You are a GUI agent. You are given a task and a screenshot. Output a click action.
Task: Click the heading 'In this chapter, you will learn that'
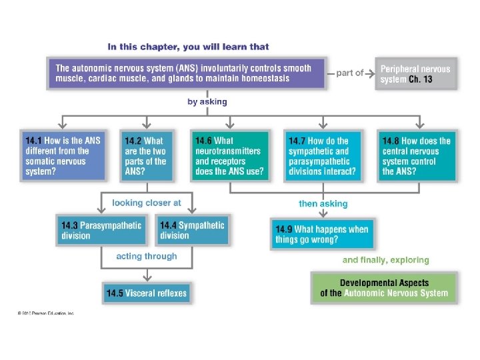(x=188, y=47)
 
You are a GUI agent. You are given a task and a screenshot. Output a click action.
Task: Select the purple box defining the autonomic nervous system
(x=187, y=73)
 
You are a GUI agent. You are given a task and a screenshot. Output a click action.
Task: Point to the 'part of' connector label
(x=350, y=73)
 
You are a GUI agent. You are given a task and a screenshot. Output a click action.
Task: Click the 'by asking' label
(x=207, y=102)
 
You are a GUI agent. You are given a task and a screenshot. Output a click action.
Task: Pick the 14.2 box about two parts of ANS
(x=147, y=155)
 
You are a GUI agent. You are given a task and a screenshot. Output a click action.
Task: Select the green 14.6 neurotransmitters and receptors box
(x=230, y=155)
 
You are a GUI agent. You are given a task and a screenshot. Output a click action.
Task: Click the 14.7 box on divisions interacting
(x=323, y=155)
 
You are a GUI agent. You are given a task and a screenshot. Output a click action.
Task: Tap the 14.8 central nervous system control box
(x=417, y=155)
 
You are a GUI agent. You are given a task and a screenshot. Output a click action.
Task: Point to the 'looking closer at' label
(x=147, y=203)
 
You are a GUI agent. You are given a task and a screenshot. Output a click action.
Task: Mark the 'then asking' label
(x=323, y=203)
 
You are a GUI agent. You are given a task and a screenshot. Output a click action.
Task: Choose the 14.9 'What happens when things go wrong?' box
(x=322, y=234)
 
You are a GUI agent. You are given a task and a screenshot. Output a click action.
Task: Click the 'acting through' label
(x=147, y=256)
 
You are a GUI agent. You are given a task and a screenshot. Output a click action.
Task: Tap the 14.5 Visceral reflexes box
(x=147, y=293)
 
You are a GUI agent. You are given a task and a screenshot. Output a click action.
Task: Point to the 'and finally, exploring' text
(x=386, y=260)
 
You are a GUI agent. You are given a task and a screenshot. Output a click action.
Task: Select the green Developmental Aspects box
(x=384, y=288)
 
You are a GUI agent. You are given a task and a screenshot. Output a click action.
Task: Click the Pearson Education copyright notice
(x=45, y=313)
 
